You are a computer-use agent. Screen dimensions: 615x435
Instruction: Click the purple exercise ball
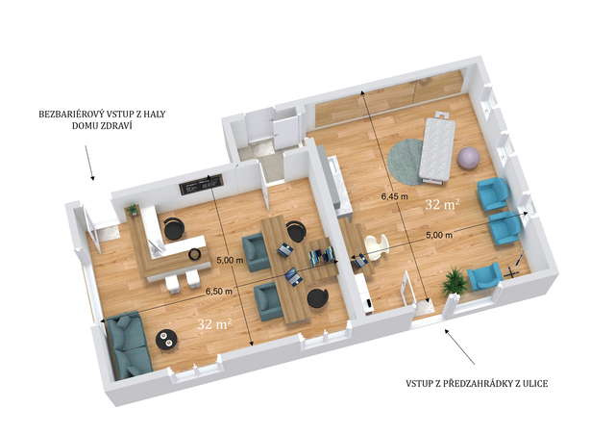pos(469,158)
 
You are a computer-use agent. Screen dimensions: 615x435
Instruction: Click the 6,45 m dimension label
pos(395,196)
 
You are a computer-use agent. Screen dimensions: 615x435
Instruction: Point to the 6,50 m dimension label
pos(219,292)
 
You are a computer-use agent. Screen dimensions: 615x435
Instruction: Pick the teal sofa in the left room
pos(128,345)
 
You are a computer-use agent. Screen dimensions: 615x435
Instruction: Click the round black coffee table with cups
pos(167,340)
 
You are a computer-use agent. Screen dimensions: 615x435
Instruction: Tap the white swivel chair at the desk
pos(377,247)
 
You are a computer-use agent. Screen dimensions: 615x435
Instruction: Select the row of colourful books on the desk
pos(322,256)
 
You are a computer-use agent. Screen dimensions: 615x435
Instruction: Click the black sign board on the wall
pos(202,184)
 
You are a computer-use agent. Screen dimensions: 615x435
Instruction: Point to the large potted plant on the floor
pos(455,280)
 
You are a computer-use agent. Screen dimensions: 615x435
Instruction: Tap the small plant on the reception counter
pos(133,210)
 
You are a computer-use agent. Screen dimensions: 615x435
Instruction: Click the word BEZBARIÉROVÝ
pos(69,115)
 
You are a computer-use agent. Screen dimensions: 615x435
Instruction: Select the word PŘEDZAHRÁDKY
pos(479,384)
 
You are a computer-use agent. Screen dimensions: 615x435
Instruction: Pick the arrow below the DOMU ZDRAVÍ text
pos(89,163)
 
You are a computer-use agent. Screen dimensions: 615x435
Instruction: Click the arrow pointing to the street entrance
pos(459,346)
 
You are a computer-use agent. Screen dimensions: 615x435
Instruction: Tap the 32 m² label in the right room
pos(442,204)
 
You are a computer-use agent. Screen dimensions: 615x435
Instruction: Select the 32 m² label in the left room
pos(214,323)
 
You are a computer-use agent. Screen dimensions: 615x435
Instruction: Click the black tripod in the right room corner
pos(516,266)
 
